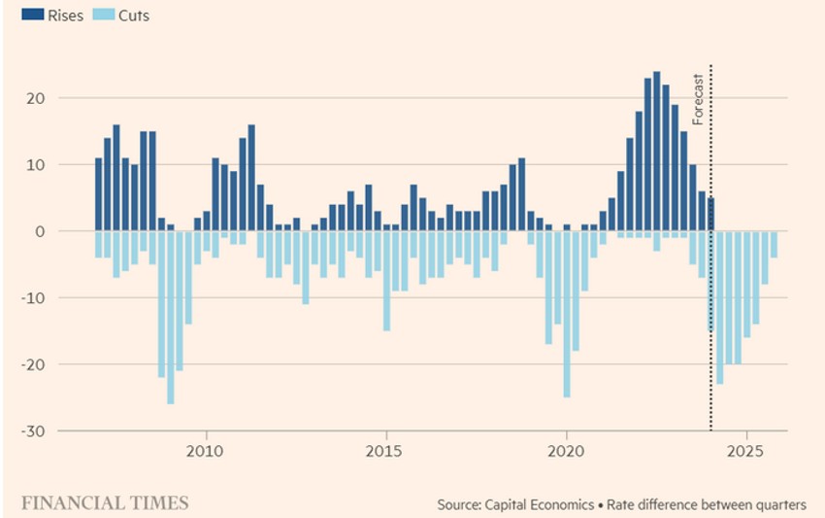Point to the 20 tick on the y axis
pos(34,98)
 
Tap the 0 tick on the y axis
pos(39,231)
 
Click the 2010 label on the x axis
pos(205,451)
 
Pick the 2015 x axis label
pos(385,451)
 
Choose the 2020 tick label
pos(566,451)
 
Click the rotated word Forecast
pos(698,99)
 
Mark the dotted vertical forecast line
pos(711,292)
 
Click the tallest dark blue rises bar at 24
pos(657,151)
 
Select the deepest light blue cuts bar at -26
pos(171,318)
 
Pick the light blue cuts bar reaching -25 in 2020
pos(567,314)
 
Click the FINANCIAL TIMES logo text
pos(105,502)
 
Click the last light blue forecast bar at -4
pos(775,245)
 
